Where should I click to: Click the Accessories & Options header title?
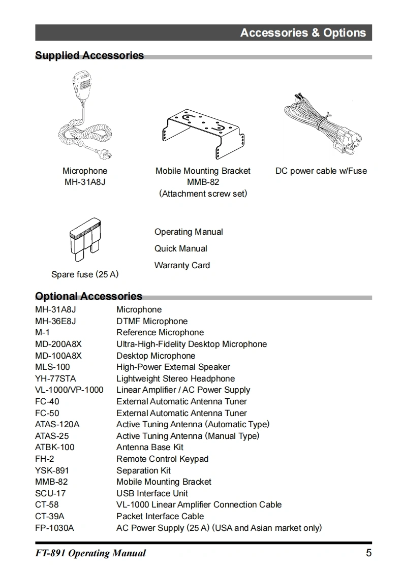(x=303, y=33)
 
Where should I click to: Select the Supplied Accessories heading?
(x=89, y=55)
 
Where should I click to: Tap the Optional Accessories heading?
(x=88, y=296)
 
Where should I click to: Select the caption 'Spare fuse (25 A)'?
(x=85, y=274)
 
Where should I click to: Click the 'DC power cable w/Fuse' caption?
(x=321, y=171)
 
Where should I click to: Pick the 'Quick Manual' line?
(x=181, y=248)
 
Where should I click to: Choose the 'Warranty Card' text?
(x=182, y=265)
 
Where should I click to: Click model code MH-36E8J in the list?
(x=55, y=321)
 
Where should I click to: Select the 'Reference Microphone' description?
(x=160, y=333)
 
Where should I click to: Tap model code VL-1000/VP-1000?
(x=69, y=390)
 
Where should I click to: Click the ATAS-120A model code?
(x=57, y=424)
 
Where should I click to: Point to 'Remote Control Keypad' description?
(x=162, y=459)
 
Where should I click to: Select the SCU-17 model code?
(x=50, y=493)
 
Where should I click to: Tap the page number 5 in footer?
(x=368, y=553)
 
